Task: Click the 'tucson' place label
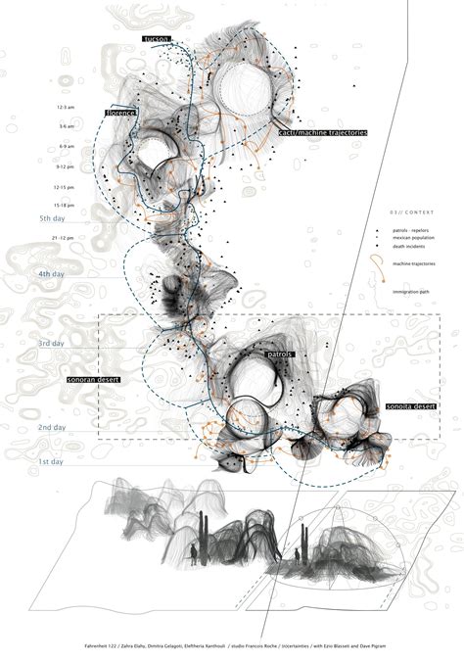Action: point(157,38)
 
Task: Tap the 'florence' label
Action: point(120,114)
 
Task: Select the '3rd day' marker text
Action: point(51,344)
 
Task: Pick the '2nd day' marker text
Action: point(51,428)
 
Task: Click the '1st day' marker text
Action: point(51,461)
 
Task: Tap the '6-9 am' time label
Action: point(67,146)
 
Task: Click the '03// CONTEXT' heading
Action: point(405,213)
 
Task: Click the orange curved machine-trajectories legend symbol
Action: point(376,260)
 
